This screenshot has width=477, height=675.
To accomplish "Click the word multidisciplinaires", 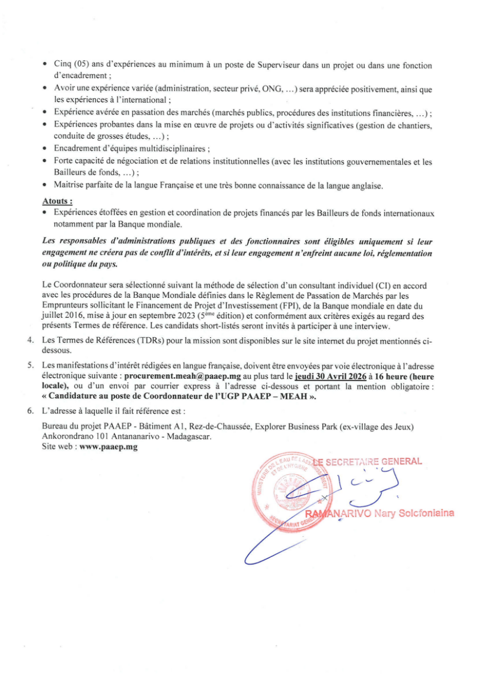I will click(x=171, y=149).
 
